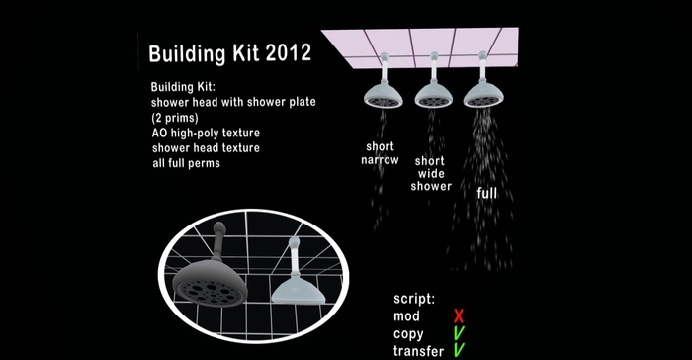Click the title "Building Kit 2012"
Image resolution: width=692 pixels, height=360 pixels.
pos(229,53)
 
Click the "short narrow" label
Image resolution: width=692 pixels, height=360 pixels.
pos(380,152)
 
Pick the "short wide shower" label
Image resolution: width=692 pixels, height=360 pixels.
pos(433,173)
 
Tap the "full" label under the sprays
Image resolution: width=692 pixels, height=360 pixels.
pos(486,193)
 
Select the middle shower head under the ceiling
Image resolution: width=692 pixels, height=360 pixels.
pos(433,94)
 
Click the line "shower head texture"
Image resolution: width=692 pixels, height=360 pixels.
pos(206,147)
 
